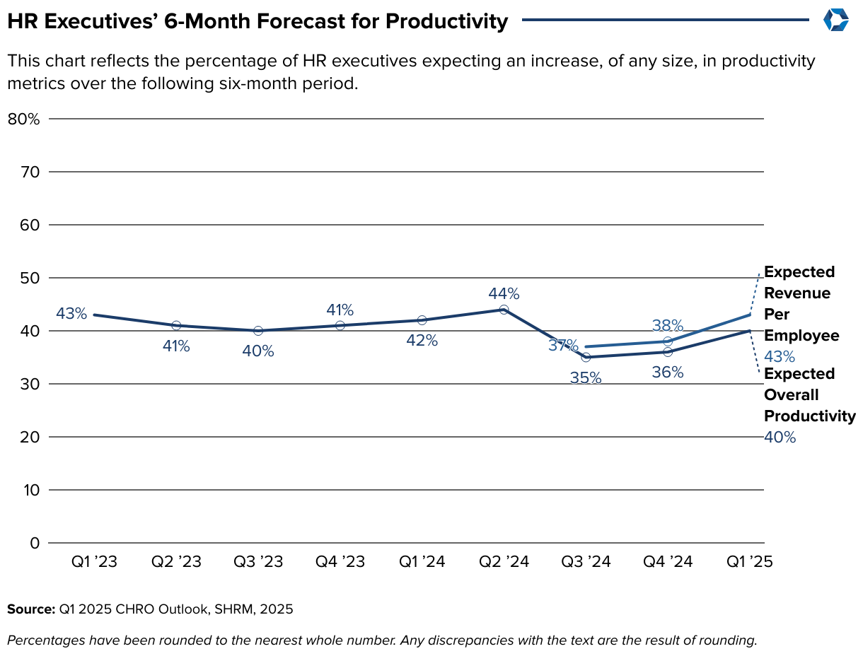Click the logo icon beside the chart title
pos(835,20)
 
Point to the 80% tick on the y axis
pos(23,119)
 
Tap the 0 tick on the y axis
pos(34,543)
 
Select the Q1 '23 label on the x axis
pos(94,562)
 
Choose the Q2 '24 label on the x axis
pos(504,562)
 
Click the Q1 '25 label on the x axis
pos(750,562)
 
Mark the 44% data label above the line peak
pos(504,293)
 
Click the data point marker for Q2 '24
pos(504,310)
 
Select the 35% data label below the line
pos(586,377)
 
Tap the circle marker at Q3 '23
pos(258,331)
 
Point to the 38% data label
pos(668,325)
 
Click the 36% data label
pos(668,372)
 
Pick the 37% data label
pos(562,346)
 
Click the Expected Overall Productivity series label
pos(809,394)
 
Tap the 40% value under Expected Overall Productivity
pos(780,438)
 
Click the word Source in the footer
pos(30,609)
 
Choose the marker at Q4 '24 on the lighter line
pos(668,341)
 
